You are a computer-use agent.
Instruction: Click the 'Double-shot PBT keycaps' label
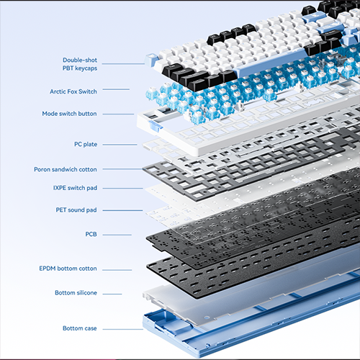(80, 64)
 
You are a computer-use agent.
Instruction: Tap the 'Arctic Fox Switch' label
(73, 91)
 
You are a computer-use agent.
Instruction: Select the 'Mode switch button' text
(69, 114)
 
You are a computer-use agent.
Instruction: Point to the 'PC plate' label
(86, 144)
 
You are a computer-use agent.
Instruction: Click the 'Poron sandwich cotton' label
(66, 169)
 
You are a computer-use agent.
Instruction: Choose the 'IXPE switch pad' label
(75, 188)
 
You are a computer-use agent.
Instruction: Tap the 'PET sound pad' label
(76, 210)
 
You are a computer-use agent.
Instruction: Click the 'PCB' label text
(91, 234)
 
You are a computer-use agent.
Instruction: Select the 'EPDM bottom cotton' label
(68, 269)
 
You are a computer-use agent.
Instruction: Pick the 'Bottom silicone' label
(76, 293)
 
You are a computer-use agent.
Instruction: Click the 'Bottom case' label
(80, 328)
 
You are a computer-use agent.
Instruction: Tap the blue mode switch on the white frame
(155, 126)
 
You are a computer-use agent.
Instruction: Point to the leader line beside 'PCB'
(117, 235)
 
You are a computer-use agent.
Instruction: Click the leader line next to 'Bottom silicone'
(112, 294)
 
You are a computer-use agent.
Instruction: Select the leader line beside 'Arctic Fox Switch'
(116, 89)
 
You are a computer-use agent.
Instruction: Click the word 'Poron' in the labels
(42, 169)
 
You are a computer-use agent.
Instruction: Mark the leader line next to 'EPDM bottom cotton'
(117, 270)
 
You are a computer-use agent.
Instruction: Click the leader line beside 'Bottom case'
(123, 329)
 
